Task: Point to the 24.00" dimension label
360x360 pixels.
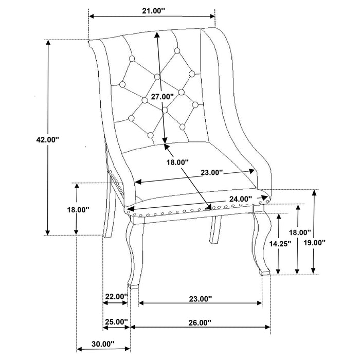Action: (241, 199)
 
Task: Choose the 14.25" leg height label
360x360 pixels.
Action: (281, 244)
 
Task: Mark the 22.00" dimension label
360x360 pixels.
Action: (116, 296)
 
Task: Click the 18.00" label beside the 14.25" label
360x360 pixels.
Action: (299, 232)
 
